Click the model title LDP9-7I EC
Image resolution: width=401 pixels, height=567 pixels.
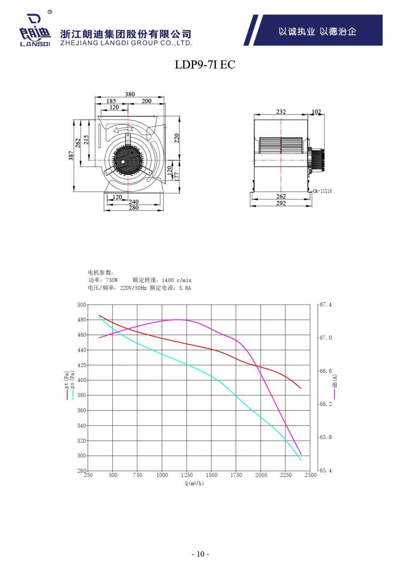(205, 65)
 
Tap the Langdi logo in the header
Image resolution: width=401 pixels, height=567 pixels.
(35, 30)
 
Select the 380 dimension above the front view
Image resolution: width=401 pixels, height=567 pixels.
(130, 94)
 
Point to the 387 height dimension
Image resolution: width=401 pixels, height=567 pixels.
(71, 156)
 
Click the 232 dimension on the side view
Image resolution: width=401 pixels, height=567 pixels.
(281, 111)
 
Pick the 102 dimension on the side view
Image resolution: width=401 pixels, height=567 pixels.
(316, 111)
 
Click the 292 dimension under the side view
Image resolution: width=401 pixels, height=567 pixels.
(281, 203)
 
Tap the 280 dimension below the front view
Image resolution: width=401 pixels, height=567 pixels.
(134, 208)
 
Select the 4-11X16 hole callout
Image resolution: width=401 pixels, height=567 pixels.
(323, 191)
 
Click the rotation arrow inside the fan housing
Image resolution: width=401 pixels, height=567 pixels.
(123, 130)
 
